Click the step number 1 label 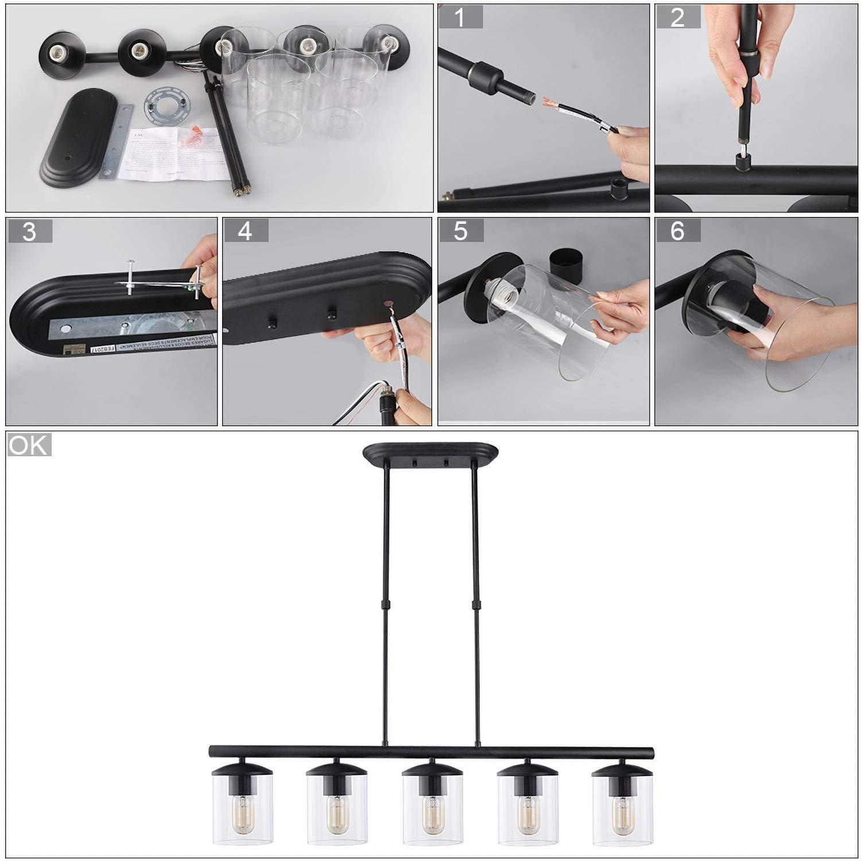(x=460, y=17)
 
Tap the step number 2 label (x=677, y=17)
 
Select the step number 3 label (x=29, y=231)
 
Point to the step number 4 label (x=245, y=231)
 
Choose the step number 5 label (x=461, y=231)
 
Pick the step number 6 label (x=677, y=231)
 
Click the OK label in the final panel (x=29, y=445)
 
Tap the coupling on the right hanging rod (x=476, y=604)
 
